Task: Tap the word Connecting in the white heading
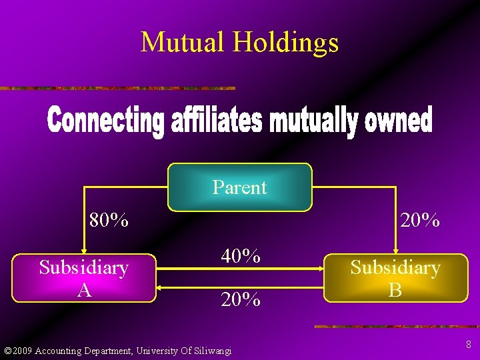[105, 122]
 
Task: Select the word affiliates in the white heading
[219, 122]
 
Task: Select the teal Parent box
[239, 187]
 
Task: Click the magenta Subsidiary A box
[84, 278]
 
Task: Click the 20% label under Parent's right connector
[419, 220]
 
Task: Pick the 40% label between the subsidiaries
[240, 256]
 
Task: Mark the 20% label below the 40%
[240, 300]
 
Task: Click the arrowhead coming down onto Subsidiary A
[84, 251]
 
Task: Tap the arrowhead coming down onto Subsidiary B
[395, 251]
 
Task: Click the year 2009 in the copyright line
[22, 351]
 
